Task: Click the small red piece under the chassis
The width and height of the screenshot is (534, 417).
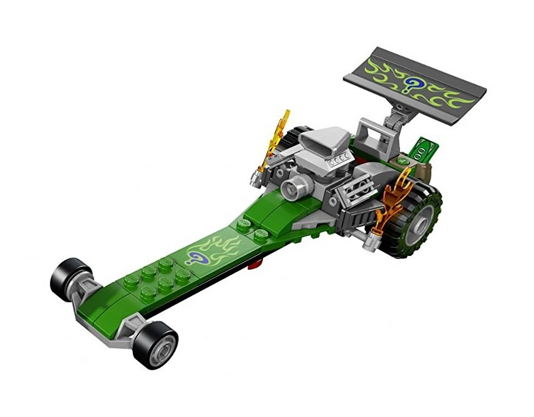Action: coord(252,269)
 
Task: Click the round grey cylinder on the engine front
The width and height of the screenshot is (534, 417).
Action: coord(291,187)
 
